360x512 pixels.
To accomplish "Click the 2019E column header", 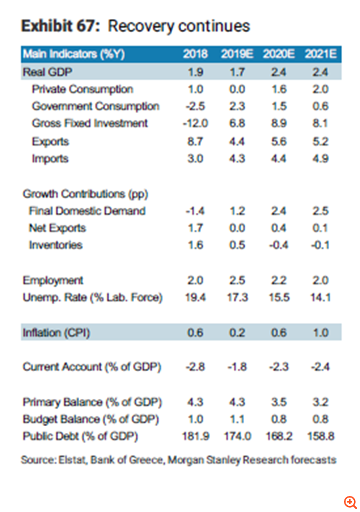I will [x=237, y=55].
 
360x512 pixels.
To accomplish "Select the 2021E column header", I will [x=320, y=55].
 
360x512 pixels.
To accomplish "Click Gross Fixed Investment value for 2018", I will [x=195, y=124].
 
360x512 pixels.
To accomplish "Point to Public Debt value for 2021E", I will [x=321, y=437].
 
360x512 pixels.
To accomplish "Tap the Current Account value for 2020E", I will [x=279, y=367].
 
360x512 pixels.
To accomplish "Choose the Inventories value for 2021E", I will [x=321, y=245].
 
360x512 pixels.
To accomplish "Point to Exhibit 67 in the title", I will [x=60, y=26].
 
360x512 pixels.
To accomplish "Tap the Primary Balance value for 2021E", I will [x=321, y=402].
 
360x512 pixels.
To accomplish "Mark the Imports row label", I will [x=50, y=159].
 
